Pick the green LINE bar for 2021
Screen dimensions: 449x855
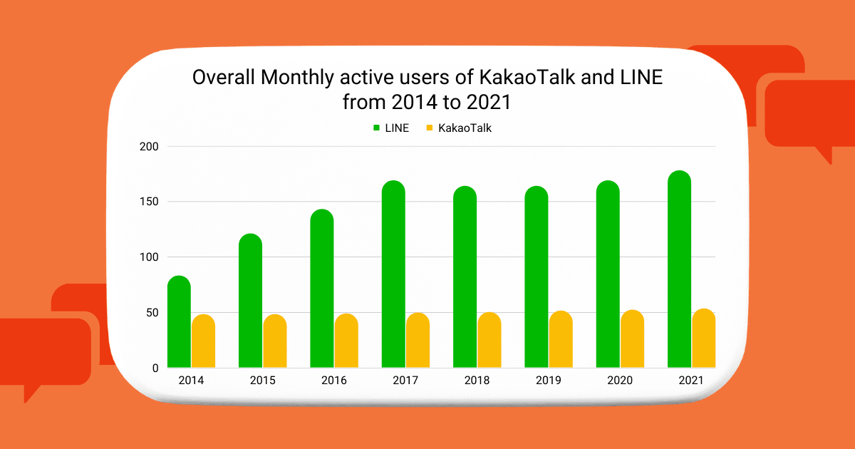pyautogui.click(x=679, y=270)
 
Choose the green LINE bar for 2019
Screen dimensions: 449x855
pyautogui.click(x=537, y=278)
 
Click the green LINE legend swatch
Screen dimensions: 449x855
pyautogui.click(x=377, y=128)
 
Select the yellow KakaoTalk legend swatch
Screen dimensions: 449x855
pyautogui.click(x=430, y=128)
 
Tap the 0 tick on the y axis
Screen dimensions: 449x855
pyautogui.click(x=154, y=368)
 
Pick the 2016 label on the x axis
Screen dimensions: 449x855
pyautogui.click(x=333, y=381)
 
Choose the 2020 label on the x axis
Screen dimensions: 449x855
pyautogui.click(x=619, y=381)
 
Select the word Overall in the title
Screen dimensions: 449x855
pyautogui.click(x=224, y=77)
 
